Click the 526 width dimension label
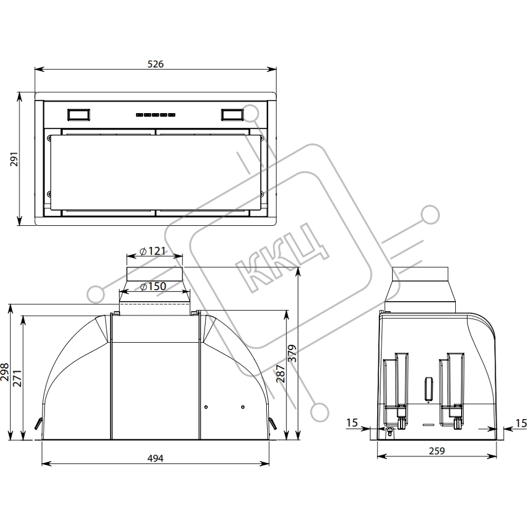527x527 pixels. click(156, 64)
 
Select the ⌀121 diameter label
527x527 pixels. click(153, 251)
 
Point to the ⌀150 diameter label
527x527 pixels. click(153, 286)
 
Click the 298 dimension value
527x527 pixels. click(4, 372)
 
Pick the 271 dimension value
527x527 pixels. click(17, 378)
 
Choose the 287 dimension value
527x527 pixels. click(280, 373)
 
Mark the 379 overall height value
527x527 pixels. click(293, 353)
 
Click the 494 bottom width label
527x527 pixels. click(155, 458)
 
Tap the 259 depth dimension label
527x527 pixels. click(437, 450)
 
